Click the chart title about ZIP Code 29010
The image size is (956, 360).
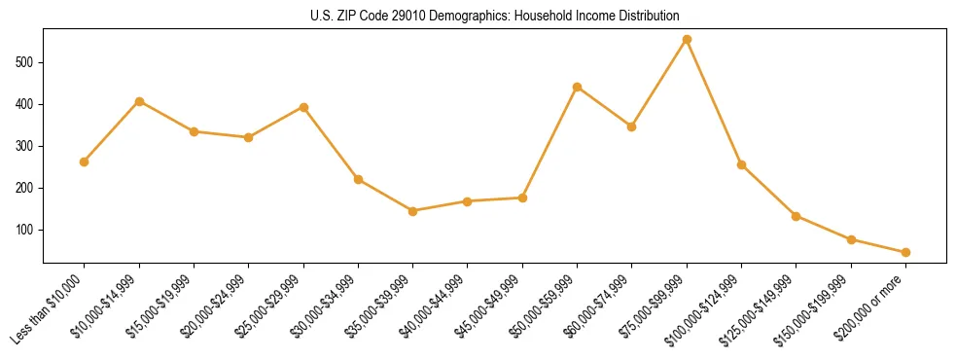(495, 17)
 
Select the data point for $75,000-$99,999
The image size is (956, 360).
(687, 40)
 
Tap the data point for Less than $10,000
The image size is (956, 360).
(85, 162)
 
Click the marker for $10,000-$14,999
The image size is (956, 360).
(139, 101)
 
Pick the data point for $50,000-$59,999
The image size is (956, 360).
(577, 88)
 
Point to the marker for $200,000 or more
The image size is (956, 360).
(905, 252)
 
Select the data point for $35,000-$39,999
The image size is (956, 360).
(412, 211)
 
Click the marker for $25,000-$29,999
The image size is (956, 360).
(303, 107)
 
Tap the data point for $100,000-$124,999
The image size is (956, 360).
(741, 164)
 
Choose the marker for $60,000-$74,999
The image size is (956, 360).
(631, 126)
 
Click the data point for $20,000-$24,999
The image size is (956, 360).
(248, 137)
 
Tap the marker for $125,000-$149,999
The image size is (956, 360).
(796, 216)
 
